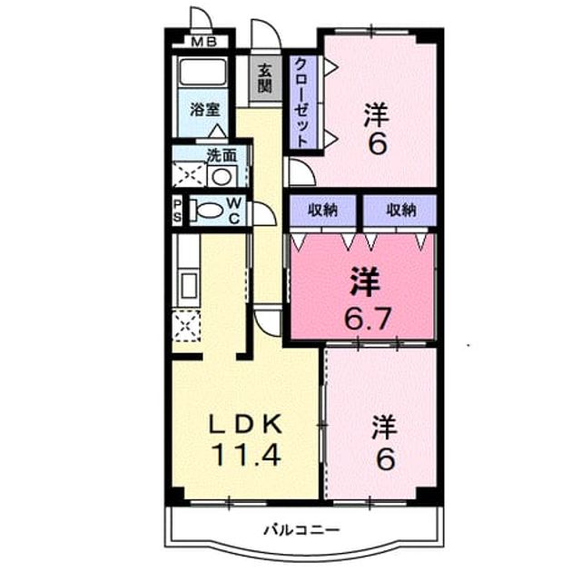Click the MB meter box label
click(x=204, y=43)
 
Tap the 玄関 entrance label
click(x=265, y=78)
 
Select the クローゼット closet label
click(x=302, y=103)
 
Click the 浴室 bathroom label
click(x=205, y=110)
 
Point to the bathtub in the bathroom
click(x=203, y=72)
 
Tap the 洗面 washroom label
click(x=222, y=156)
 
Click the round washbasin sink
click(x=222, y=177)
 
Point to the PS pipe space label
click(x=177, y=211)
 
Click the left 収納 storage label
click(x=323, y=210)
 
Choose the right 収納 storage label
click(x=401, y=210)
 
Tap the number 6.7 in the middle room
click(x=369, y=318)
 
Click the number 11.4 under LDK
click(x=247, y=455)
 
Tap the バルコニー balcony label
click(x=301, y=529)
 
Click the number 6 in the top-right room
click(x=377, y=143)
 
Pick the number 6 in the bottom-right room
click(x=385, y=459)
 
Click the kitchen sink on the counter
click(x=189, y=287)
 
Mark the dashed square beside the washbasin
click(x=190, y=175)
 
